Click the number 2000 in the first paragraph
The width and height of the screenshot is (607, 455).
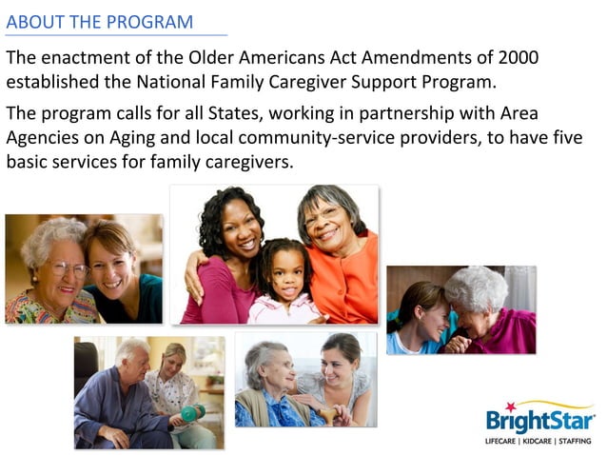(515, 57)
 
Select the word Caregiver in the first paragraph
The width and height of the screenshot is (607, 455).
(341, 81)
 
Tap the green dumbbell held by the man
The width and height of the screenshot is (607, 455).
(189, 412)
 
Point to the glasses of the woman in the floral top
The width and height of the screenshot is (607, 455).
(65, 268)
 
